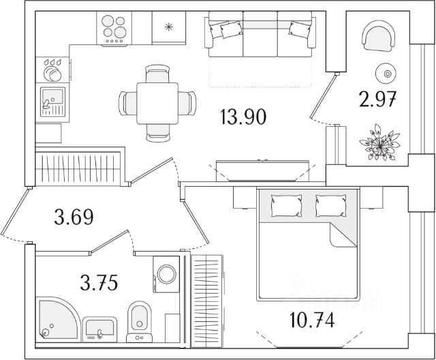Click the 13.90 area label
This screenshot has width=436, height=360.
coord(243,117)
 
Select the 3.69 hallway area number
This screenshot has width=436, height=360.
coord(73,218)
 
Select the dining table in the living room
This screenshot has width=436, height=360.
coord(157,103)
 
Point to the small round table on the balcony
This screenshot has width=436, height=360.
coord(387,73)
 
